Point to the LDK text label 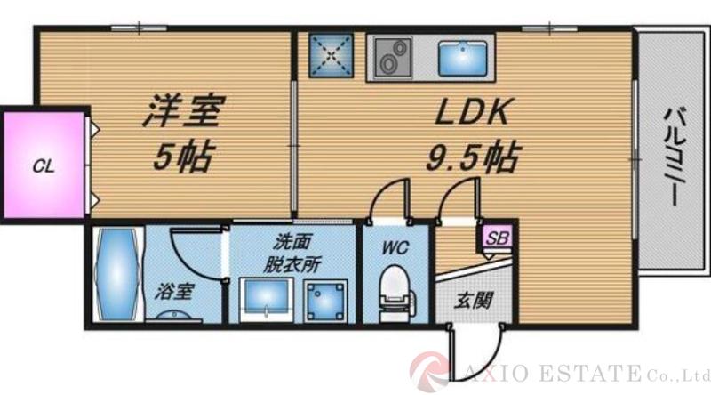tap(471, 114)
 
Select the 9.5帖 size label tap(471, 158)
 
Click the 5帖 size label tap(183, 158)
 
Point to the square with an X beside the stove tap(332, 56)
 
